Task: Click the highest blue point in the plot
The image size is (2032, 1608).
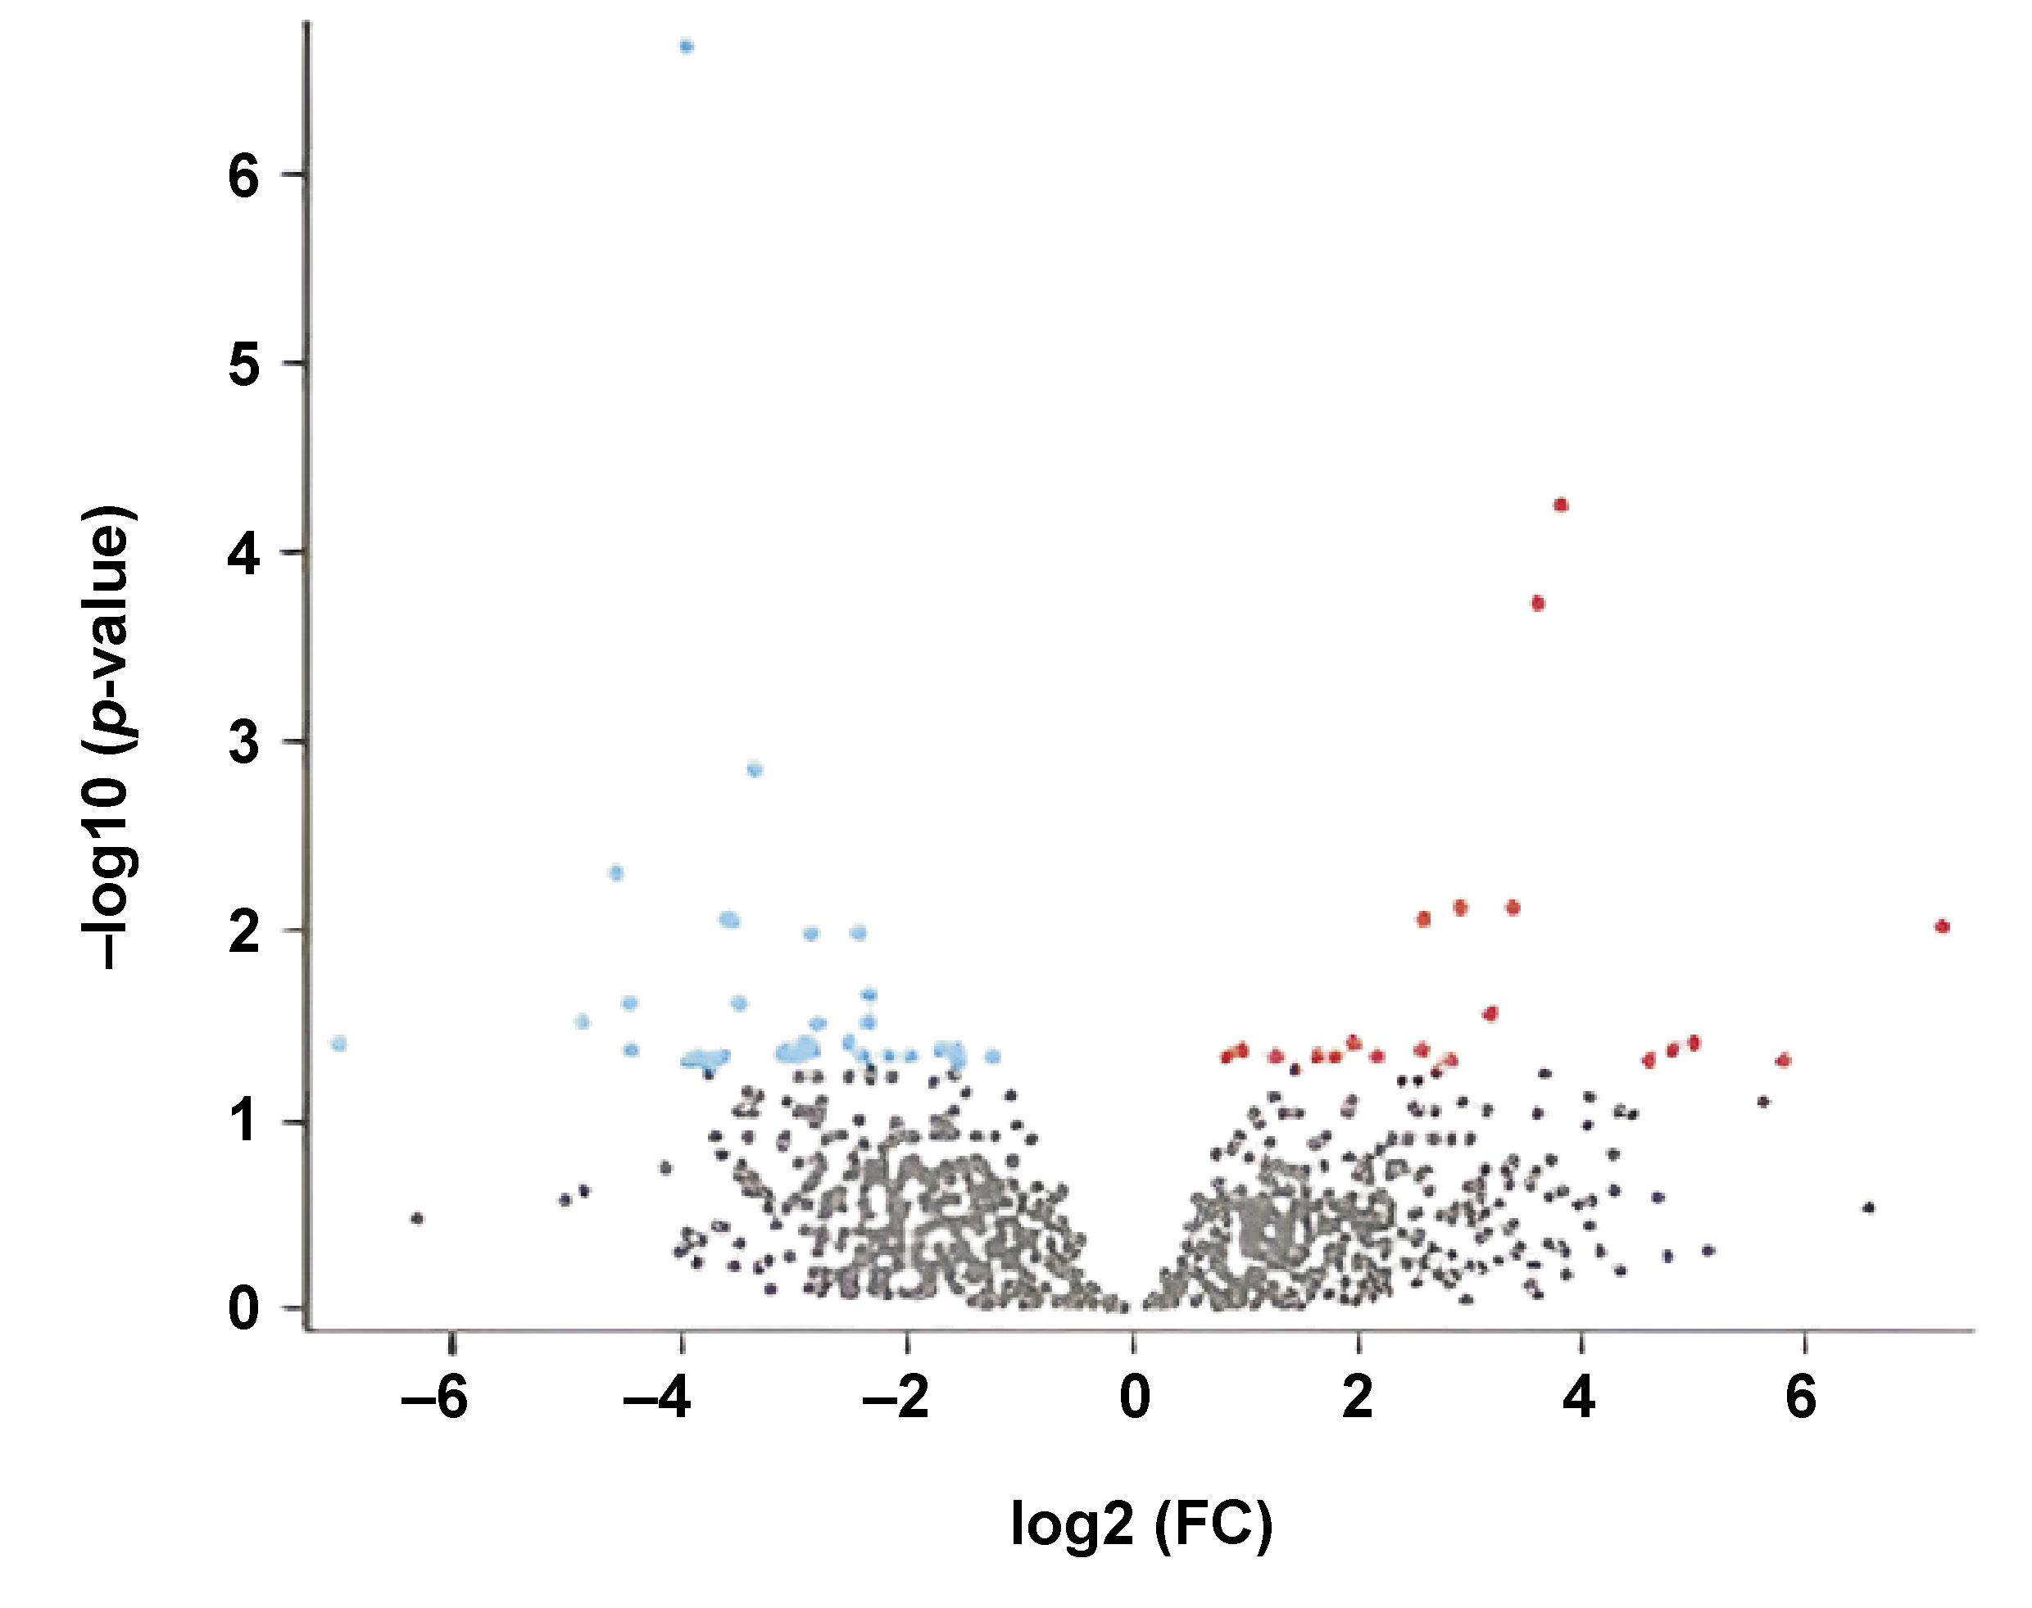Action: pyautogui.click(x=687, y=46)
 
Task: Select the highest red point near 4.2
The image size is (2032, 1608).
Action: pyautogui.click(x=1561, y=505)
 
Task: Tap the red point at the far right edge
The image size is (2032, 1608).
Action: pyautogui.click(x=1942, y=926)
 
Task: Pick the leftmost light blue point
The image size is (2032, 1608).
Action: pyautogui.click(x=339, y=1043)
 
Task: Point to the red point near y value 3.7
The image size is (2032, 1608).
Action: pyautogui.click(x=1538, y=604)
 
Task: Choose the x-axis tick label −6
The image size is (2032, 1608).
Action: pyautogui.click(x=435, y=1399)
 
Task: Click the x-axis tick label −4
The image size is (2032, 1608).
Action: pyautogui.click(x=658, y=1399)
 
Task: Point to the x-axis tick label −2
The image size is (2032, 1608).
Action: pyautogui.click(x=896, y=1399)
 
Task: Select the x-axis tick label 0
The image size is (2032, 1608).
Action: pyautogui.click(x=1135, y=1399)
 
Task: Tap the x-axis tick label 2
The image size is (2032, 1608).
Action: pyautogui.click(x=1357, y=1399)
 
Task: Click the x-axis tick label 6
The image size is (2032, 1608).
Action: pyautogui.click(x=1800, y=1399)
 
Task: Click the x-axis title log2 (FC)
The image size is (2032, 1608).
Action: pyautogui.click(x=1141, y=1524)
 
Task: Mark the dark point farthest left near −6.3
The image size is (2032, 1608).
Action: pyautogui.click(x=417, y=1218)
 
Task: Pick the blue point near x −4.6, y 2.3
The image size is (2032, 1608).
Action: pyautogui.click(x=616, y=872)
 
